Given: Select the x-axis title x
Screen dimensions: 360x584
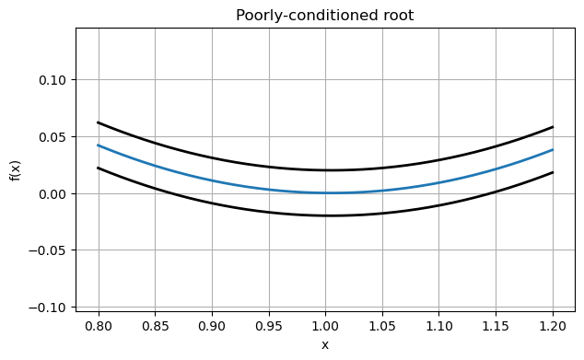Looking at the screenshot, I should (325, 344).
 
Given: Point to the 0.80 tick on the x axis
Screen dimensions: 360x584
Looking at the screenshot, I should (99, 325).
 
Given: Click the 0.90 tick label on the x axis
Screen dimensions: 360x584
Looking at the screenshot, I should (212, 325).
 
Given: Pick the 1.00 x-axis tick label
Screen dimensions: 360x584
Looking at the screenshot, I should (325, 325).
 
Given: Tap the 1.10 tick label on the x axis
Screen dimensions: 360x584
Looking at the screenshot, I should (439, 325).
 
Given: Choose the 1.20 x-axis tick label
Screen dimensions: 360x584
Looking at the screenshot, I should (553, 325).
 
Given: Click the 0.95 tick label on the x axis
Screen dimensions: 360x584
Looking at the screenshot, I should (269, 325).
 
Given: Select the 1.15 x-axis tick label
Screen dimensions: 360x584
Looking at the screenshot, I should (496, 325).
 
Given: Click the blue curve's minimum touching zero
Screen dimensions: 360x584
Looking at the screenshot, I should (328, 192).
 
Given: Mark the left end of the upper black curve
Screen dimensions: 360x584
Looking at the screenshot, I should (99, 122).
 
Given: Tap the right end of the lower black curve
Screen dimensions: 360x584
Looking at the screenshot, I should (553, 172).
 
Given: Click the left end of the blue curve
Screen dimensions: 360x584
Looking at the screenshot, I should (99, 145).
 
